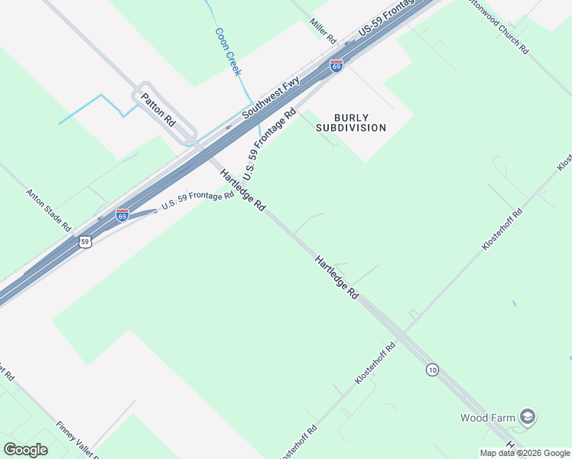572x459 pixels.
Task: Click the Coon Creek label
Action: pyautogui.click(x=228, y=52)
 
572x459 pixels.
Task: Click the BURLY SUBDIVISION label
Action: pyautogui.click(x=351, y=122)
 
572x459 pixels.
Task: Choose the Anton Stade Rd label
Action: pyautogui.click(x=49, y=211)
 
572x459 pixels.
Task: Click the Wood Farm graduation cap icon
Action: pyautogui.click(x=527, y=417)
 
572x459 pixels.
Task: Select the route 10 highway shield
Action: pyautogui.click(x=433, y=370)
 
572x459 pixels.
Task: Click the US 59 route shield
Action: pyautogui.click(x=85, y=242)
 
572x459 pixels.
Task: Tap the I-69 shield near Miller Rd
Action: pyautogui.click(x=336, y=66)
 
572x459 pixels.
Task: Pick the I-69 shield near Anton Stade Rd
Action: pyautogui.click(x=122, y=215)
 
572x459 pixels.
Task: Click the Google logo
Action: pyautogui.click(x=25, y=449)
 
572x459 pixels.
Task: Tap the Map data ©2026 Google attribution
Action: pyautogui.click(x=525, y=453)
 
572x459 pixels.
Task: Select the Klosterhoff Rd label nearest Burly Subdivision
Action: pyautogui.click(x=502, y=229)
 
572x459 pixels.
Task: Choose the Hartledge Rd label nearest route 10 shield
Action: pyautogui.click(x=336, y=277)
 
